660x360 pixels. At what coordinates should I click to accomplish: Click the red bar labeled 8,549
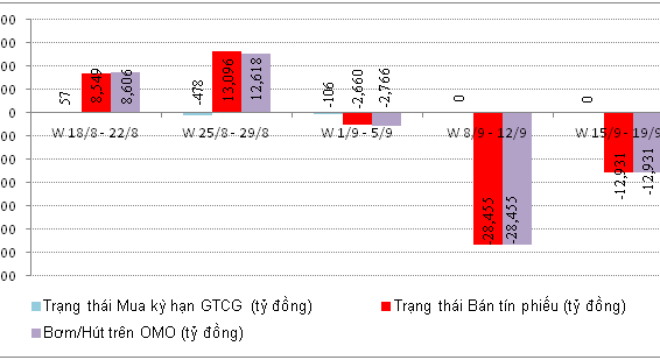point(96,93)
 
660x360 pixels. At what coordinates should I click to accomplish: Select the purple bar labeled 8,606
point(125,92)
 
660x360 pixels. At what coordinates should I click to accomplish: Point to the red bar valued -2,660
point(357,118)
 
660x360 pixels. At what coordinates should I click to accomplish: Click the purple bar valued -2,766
point(386,119)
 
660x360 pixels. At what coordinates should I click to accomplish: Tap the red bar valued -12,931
point(618,142)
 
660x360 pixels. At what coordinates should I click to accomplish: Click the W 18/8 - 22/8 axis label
point(95,133)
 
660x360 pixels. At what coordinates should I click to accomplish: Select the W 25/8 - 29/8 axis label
point(226,133)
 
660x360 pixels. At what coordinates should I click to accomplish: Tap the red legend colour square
point(384,305)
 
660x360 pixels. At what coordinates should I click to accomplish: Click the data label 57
point(65,98)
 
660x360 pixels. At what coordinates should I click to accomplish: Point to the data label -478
point(196,93)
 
